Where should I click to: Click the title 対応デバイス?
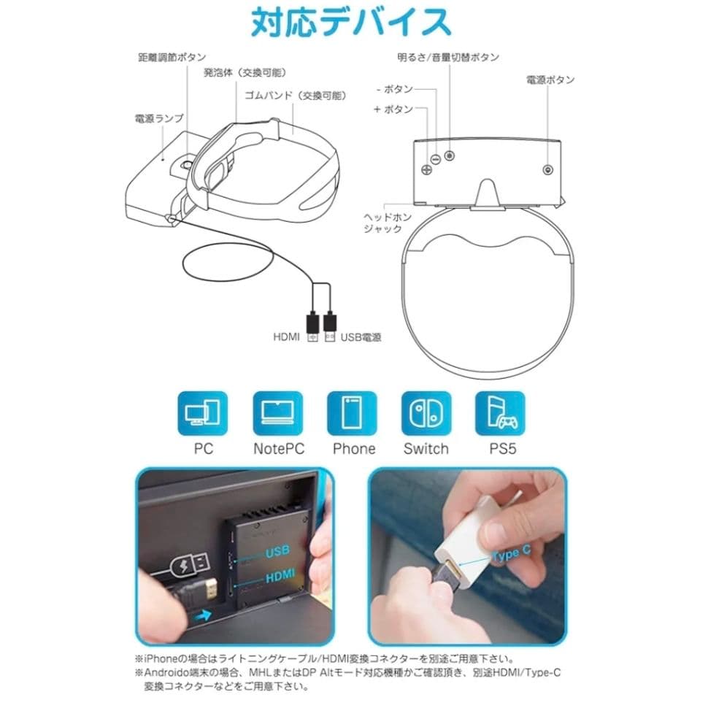click(x=351, y=23)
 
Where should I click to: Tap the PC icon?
click(x=203, y=414)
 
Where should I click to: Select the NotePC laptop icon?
click(x=277, y=414)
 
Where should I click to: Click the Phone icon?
click(x=353, y=414)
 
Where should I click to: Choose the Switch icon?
click(x=426, y=414)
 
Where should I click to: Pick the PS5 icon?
click(x=501, y=414)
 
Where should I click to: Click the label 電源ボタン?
click(x=550, y=80)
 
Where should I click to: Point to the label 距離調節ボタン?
click(x=172, y=57)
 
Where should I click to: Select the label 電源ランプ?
click(x=159, y=118)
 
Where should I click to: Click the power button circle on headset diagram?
click(x=548, y=169)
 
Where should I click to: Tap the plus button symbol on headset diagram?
click(x=426, y=169)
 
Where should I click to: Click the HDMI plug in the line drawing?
click(x=313, y=322)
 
